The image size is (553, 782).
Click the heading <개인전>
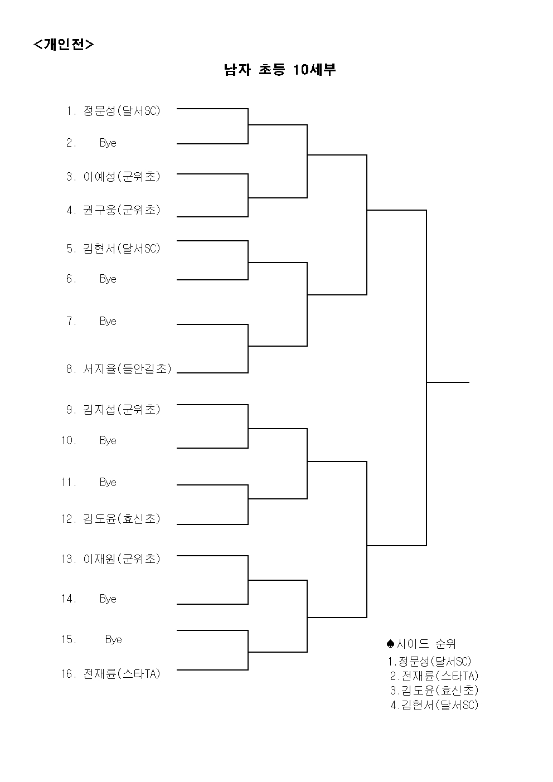pyautogui.click(x=64, y=45)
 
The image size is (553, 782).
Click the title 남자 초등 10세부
pyautogui.click(x=280, y=70)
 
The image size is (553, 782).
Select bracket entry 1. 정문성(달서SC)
pyautogui.click(x=113, y=111)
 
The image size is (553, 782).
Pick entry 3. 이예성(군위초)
pyautogui.click(x=113, y=177)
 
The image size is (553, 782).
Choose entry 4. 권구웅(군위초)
pyautogui.click(x=113, y=210)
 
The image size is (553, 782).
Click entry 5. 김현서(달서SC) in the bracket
pyautogui.click(x=113, y=249)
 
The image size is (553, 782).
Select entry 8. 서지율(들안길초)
pyautogui.click(x=119, y=369)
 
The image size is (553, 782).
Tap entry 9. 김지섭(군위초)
pyautogui.click(x=113, y=410)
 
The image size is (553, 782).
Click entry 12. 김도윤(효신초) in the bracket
pyautogui.click(x=111, y=519)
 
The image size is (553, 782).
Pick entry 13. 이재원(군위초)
pyautogui.click(x=111, y=559)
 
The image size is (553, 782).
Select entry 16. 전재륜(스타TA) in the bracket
pyautogui.click(x=111, y=673)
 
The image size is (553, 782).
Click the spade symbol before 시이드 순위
pyautogui.click(x=391, y=643)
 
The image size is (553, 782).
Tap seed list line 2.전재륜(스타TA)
pyautogui.click(x=434, y=676)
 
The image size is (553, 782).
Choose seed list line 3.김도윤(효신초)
pyautogui.click(x=434, y=690)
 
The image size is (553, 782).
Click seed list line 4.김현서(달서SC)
pyautogui.click(x=434, y=705)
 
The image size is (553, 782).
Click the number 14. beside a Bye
pyautogui.click(x=69, y=599)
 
